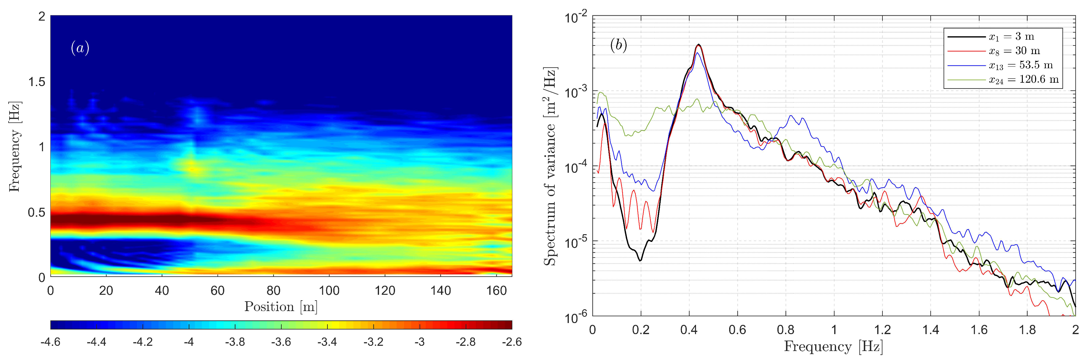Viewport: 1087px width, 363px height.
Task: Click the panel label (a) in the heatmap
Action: [x=80, y=48]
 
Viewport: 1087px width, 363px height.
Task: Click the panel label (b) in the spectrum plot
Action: [x=619, y=45]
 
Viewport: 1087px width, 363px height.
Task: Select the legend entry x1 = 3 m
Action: [x=1011, y=37]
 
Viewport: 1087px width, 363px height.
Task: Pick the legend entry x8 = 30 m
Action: [x=1014, y=51]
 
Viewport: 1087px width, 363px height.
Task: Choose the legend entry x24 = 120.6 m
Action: [x=1023, y=79]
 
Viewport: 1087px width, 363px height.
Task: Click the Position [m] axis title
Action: [x=281, y=306]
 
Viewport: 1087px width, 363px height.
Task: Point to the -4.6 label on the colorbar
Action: [x=50, y=342]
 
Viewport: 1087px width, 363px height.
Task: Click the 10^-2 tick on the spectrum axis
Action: [x=576, y=18]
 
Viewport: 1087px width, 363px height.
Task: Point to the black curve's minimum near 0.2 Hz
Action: [x=640, y=260]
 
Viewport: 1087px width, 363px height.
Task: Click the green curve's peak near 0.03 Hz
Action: [x=600, y=93]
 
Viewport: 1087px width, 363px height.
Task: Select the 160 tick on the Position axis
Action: [x=496, y=291]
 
